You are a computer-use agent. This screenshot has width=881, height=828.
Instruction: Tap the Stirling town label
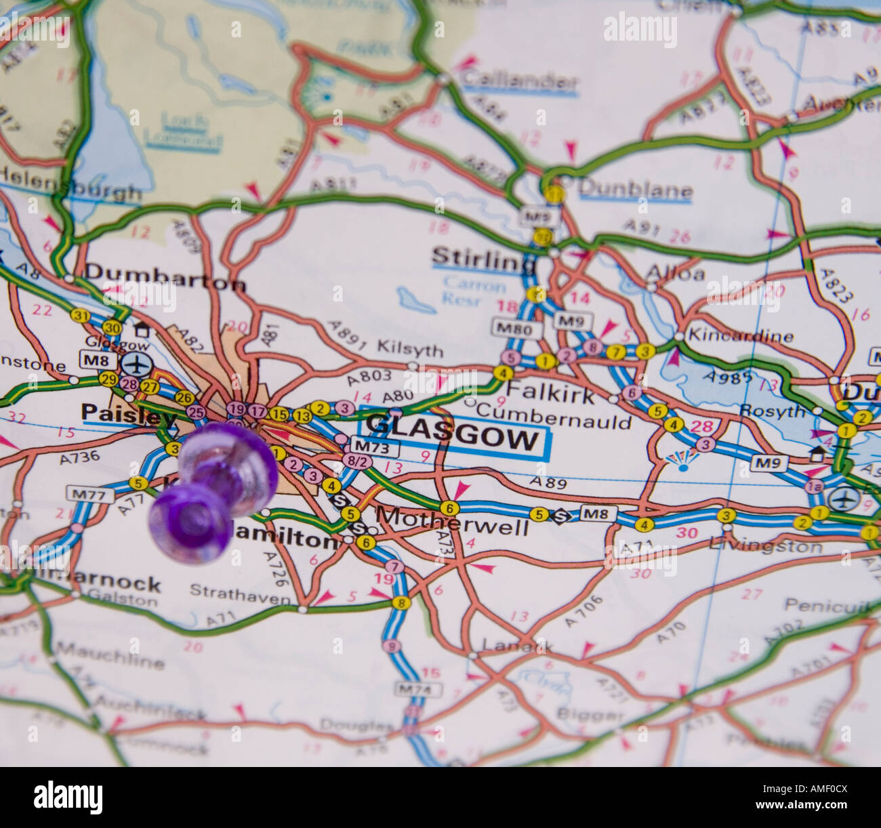click(x=483, y=257)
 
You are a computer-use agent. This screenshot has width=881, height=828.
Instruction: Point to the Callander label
click(x=518, y=81)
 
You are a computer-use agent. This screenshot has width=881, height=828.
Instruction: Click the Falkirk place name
click(x=550, y=393)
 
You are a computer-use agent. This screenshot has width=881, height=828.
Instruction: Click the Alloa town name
click(x=675, y=274)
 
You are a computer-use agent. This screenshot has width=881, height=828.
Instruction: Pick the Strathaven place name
click(x=241, y=591)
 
